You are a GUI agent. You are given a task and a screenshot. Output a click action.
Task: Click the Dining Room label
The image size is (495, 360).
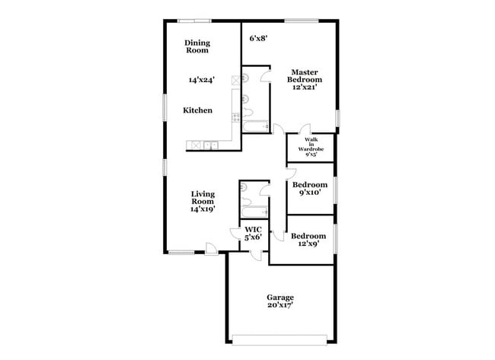click(197, 47)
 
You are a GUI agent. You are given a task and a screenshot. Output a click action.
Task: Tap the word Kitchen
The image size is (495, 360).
click(197, 110)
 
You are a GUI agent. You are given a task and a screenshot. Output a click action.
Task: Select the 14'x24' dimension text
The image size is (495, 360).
click(202, 79)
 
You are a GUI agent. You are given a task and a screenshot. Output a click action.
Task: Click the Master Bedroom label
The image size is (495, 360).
click(304, 79)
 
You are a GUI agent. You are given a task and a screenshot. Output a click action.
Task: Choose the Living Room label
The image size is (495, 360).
click(202, 202)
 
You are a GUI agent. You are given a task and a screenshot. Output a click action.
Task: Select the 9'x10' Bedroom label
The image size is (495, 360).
click(311, 189)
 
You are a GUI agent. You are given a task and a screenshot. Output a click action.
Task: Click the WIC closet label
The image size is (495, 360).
click(253, 233)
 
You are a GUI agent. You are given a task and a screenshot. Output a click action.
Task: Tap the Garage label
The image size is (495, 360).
click(279, 301)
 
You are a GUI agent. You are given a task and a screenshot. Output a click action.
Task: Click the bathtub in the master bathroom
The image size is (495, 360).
click(256, 126)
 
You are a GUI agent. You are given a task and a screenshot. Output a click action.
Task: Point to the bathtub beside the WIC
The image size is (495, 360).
click(254, 212)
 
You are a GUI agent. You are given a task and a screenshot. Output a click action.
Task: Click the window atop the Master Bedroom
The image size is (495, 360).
click(302, 21)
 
